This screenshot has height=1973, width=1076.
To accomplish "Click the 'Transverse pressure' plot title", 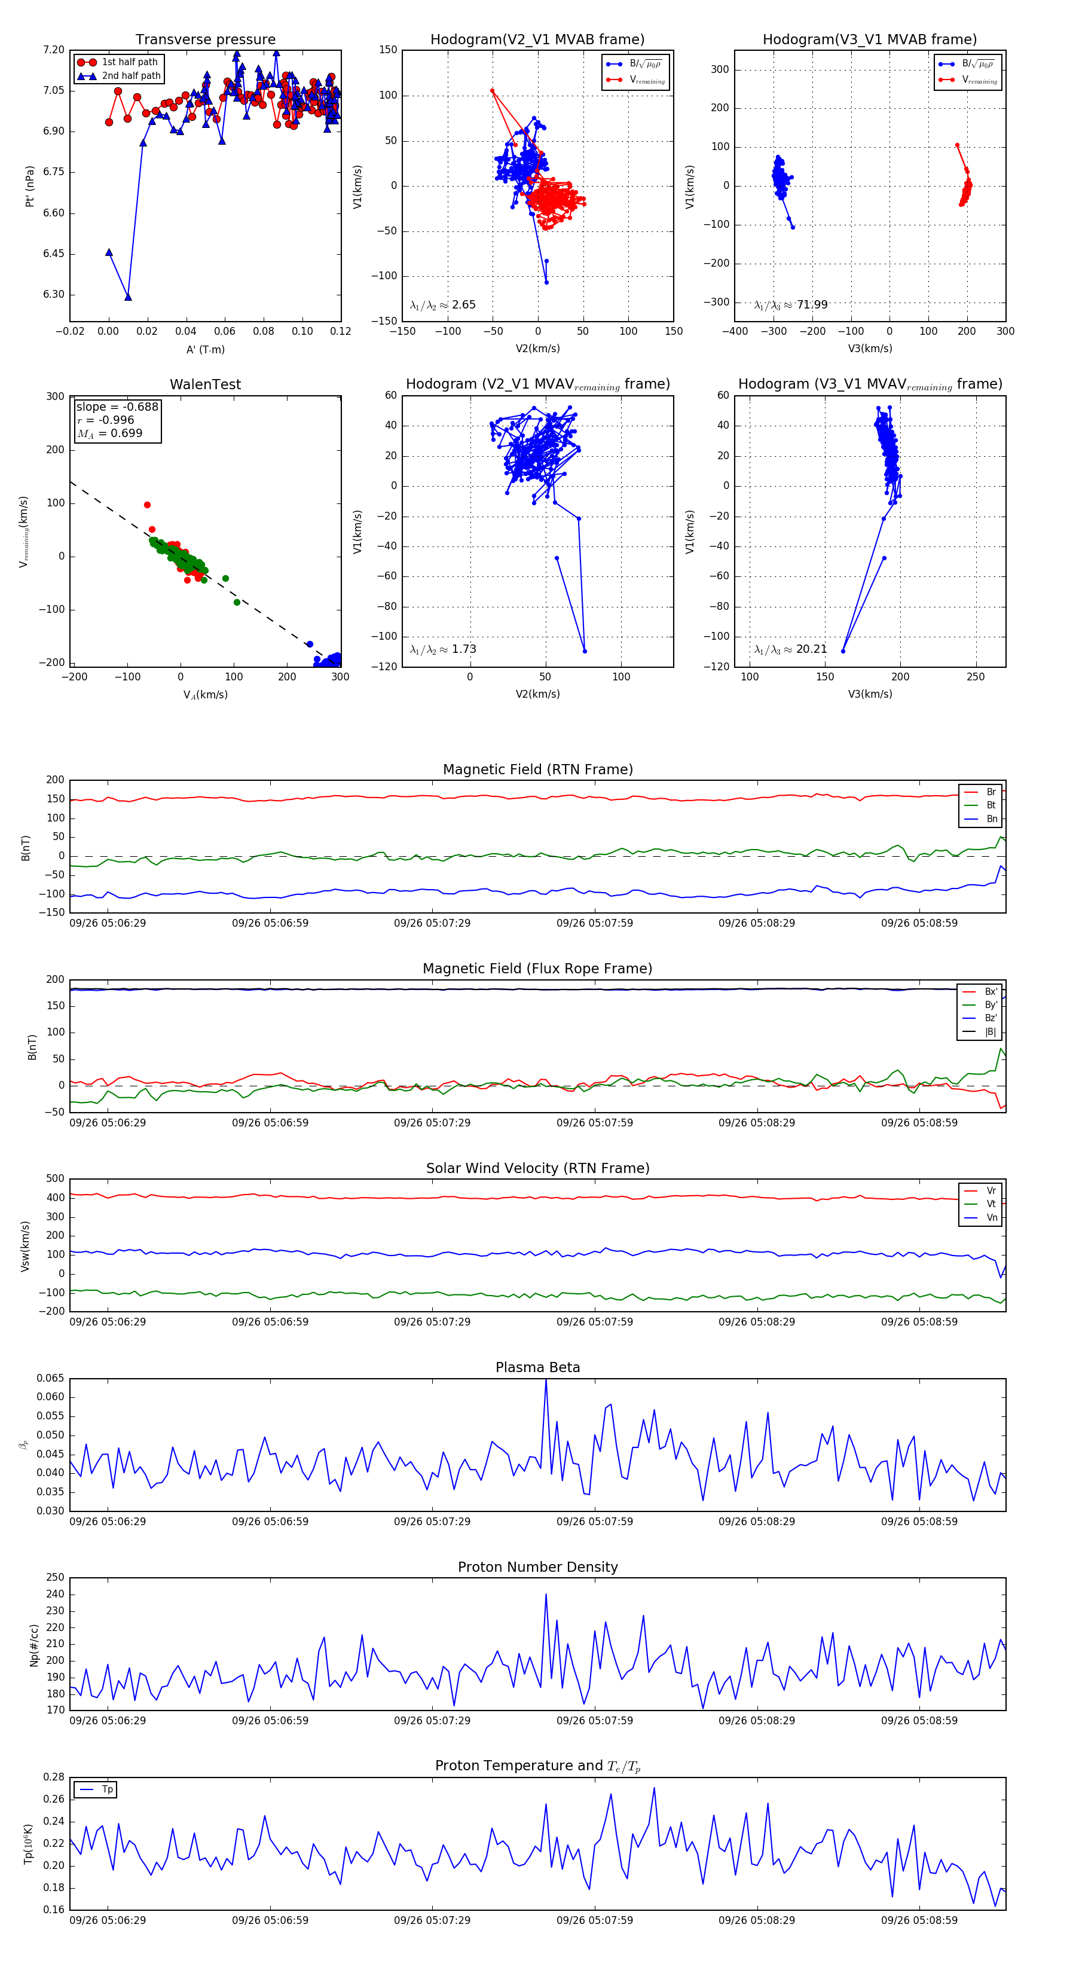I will click(205, 40).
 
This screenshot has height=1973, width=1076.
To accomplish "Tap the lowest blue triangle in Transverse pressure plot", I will click(128, 297).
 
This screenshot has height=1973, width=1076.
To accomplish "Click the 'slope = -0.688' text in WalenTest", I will click(117, 407).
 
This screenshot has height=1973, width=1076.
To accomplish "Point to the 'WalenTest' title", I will click(205, 384).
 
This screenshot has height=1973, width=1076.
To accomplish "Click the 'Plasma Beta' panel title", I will click(537, 1367).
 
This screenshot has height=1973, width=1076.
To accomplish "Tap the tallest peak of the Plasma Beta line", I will click(546, 1380).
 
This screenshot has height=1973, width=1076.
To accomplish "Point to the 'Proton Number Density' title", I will click(537, 1567).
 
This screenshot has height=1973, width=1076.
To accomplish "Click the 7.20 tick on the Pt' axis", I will click(54, 50).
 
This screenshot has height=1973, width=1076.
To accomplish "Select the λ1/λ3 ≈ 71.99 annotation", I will click(790, 305).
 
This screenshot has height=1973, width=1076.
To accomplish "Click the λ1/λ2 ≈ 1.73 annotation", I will click(442, 649).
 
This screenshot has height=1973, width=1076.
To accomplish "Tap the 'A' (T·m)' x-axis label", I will click(205, 349).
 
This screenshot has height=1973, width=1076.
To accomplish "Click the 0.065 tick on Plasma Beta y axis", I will click(51, 1379).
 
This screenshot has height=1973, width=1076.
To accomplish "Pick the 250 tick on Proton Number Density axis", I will click(55, 1578).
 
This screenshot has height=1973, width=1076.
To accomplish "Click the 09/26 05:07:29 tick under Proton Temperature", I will click(432, 1920).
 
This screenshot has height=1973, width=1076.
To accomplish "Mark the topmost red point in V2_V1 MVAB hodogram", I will click(493, 91).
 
